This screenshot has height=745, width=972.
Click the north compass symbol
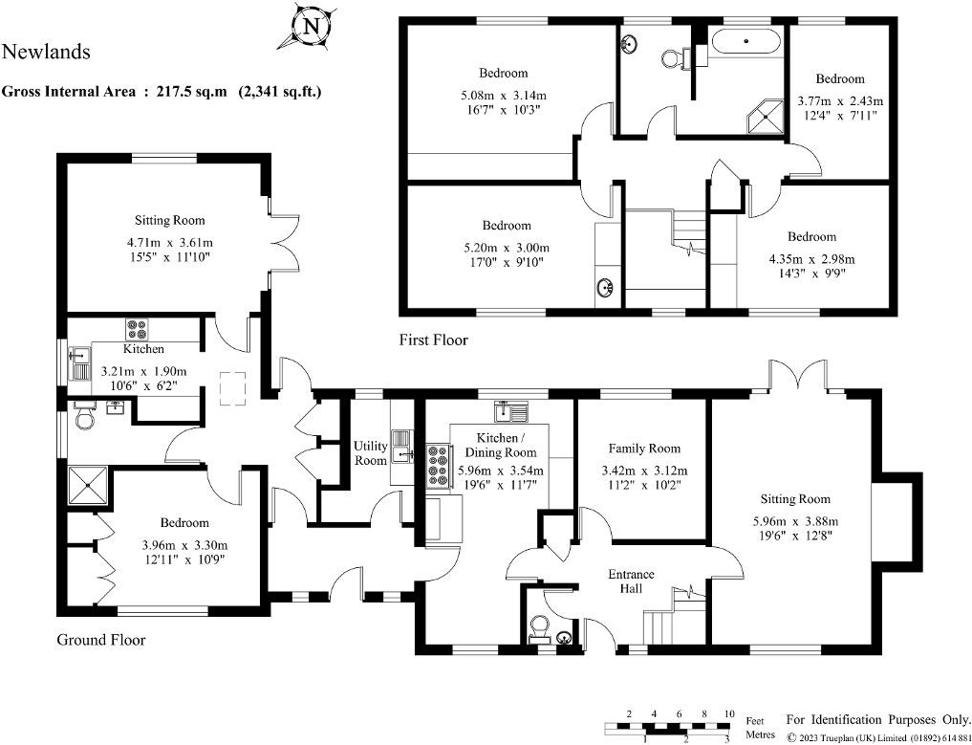pos(309,27)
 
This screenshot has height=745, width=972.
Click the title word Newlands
pos(47,52)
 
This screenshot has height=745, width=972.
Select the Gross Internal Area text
pos(162,92)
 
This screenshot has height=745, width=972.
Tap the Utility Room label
pos(371,452)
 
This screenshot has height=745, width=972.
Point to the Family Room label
pos(644,448)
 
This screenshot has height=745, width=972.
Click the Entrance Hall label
pos(632,581)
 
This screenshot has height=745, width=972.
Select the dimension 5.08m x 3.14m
pos(503,95)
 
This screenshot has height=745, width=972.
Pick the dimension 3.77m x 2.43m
pos(840,100)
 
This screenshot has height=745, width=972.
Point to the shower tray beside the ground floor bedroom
pos(89,487)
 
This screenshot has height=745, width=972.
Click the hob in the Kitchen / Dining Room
pos(438,464)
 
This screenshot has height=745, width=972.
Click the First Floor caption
pos(433,340)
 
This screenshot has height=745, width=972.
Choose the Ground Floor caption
pos(100,640)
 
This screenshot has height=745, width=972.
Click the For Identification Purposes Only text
pos(876,718)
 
